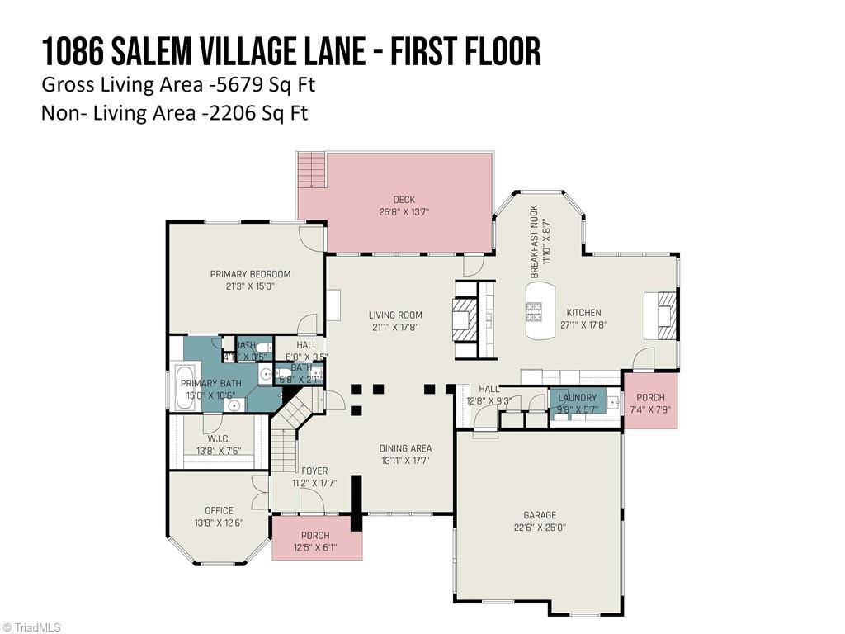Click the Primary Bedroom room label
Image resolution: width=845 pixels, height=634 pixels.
click(x=250, y=274)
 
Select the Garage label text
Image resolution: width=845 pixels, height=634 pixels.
click(x=540, y=515)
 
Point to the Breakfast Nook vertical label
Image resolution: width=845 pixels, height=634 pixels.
click(x=534, y=241)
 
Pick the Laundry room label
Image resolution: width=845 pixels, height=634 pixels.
click(x=577, y=398)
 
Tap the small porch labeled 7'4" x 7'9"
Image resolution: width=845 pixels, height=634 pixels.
click(x=650, y=400)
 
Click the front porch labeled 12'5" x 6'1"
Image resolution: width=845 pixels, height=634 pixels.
click(x=315, y=542)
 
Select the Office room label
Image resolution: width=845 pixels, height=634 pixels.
click(x=219, y=510)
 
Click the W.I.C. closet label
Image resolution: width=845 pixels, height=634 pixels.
click(x=218, y=438)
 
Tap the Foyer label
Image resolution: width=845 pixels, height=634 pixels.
click(x=314, y=471)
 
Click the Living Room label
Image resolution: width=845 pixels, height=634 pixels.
click(x=395, y=315)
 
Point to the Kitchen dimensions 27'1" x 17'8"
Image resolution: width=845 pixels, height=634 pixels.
click(x=583, y=325)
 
